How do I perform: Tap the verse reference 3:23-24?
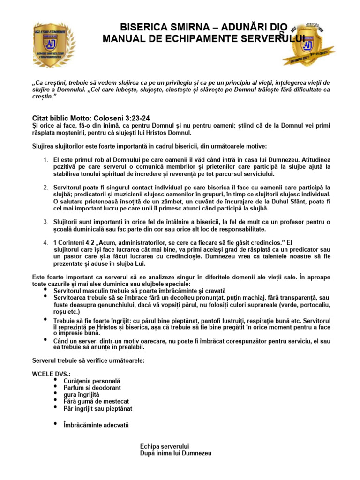coord(134,118)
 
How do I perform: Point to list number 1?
coord(45,160)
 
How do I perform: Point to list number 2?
coord(45,187)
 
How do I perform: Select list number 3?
coord(45,222)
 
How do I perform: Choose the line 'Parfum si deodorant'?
coord(92,388)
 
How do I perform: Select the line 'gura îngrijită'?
coord(81,395)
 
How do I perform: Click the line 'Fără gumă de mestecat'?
coord(96,401)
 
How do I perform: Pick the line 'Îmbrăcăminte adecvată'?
coord(96,425)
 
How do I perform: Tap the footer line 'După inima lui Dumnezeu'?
coord(176,454)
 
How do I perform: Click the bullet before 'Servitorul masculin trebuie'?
coord(45,290)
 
